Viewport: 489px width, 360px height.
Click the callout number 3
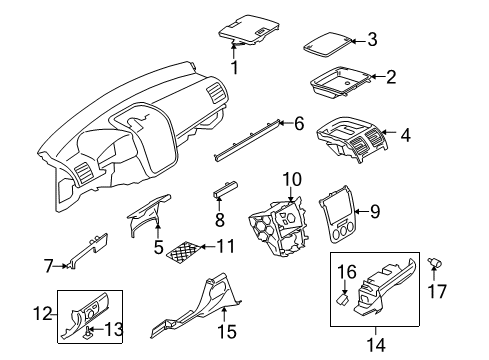click(x=372, y=39)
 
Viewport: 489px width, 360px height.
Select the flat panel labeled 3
click(x=327, y=44)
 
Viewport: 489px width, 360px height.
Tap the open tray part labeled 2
click(x=340, y=82)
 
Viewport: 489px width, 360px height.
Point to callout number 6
click(x=299, y=123)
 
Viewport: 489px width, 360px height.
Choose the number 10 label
click(x=292, y=179)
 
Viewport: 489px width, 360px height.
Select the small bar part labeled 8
click(x=226, y=189)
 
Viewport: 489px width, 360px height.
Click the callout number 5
click(x=159, y=247)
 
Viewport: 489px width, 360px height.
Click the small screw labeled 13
click(x=88, y=332)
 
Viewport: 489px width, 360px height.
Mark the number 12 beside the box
click(x=43, y=314)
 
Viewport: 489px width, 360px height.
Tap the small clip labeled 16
click(x=342, y=298)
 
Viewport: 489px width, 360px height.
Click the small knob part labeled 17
click(x=435, y=262)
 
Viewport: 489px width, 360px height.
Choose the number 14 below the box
click(x=376, y=345)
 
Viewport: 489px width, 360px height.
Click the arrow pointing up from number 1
click(x=234, y=51)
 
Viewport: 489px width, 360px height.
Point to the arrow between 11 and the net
click(x=208, y=247)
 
